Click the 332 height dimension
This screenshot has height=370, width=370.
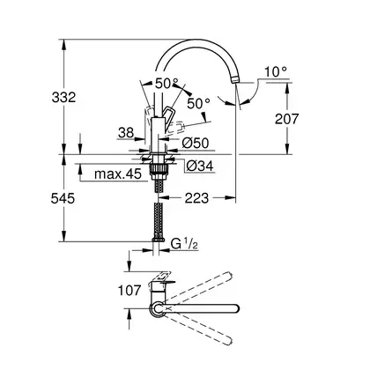[63, 97]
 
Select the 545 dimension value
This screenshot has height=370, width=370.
[63, 199]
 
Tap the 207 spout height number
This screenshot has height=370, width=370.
[286, 119]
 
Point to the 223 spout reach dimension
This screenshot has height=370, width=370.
[196, 198]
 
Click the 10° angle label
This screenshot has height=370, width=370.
[276, 72]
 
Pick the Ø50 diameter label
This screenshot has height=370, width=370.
[196, 144]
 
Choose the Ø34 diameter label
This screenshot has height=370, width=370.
[200, 166]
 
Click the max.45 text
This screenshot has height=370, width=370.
[118, 174]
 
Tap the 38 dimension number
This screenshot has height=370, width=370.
[126, 133]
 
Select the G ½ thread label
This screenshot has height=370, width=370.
[181, 244]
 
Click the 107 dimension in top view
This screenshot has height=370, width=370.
[129, 291]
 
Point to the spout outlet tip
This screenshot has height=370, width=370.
[236, 80]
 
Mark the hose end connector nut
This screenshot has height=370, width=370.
[158, 239]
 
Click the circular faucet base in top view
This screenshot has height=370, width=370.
[158, 310]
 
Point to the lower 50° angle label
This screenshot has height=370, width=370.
[199, 103]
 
